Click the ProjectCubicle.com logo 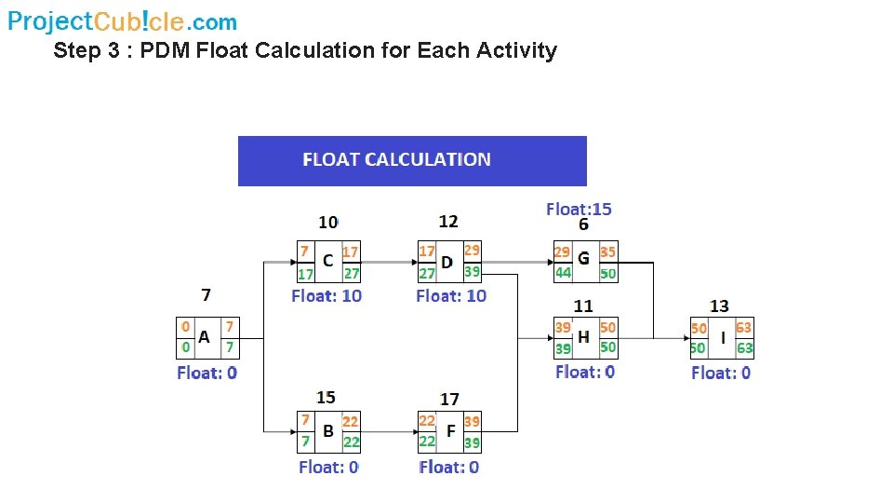point(122,20)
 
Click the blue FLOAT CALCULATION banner point(412,160)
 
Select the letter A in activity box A point(204,337)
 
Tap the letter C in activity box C point(327,262)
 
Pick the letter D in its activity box point(447,262)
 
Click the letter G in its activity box point(583,260)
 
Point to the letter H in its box point(583,337)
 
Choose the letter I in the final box point(722,338)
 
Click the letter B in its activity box point(327,431)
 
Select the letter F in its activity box point(450,431)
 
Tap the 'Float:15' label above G point(579,209)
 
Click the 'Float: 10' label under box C point(327,295)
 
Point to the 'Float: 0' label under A point(207,373)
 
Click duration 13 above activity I point(719,306)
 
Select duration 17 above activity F point(449,399)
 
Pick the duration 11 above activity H point(583,306)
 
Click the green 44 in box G point(564,273)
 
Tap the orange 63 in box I point(743,328)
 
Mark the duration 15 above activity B point(326,398)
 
